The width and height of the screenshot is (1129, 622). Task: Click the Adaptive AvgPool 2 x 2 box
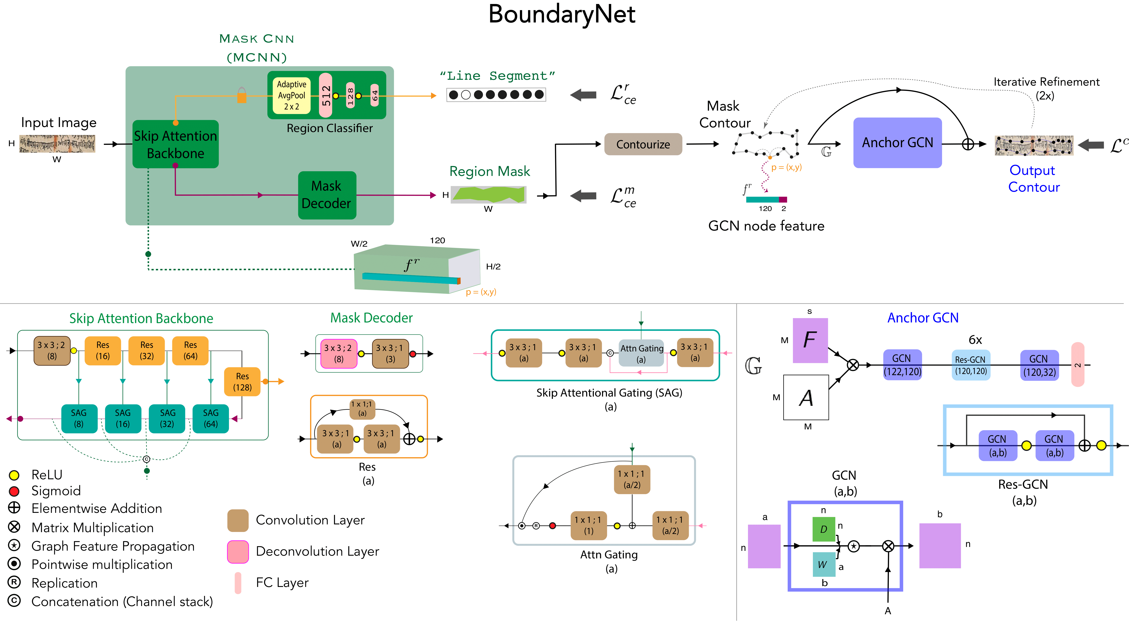point(292,95)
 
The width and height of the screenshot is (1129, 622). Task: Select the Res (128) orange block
point(242,381)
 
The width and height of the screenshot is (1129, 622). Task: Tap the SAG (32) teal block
point(167,418)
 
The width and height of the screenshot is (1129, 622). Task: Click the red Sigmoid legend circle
point(14,491)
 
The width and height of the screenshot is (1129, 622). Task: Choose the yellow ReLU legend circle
point(14,475)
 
